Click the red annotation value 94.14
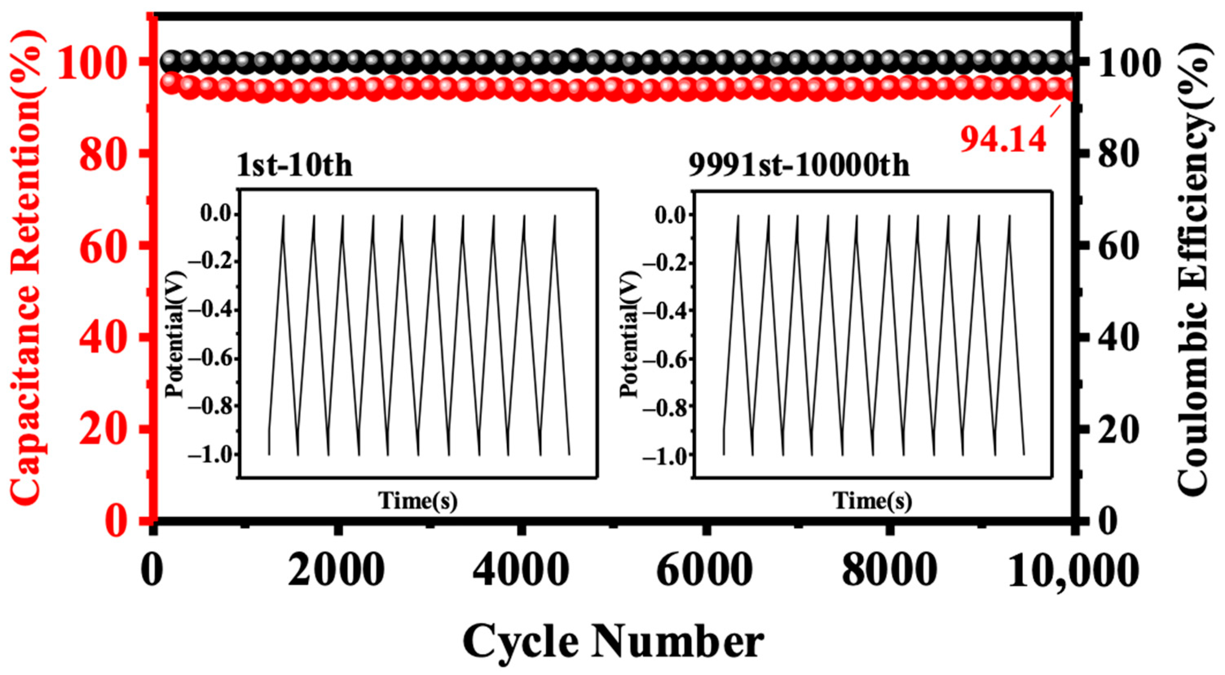[1003, 139]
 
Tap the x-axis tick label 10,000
[1072, 570]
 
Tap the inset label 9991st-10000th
[799, 165]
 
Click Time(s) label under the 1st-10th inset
[418, 501]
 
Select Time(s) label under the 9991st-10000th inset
[872, 501]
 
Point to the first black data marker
[171, 60]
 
